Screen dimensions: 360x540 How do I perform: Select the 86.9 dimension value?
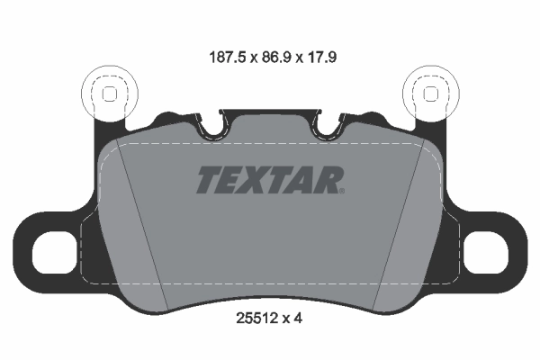pos(271,55)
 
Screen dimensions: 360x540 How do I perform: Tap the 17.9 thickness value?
pos(323,55)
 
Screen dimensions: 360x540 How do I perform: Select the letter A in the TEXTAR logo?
pos(301,180)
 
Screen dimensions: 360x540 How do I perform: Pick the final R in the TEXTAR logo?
pos(326,180)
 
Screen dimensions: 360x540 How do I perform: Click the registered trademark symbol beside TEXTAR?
pos(341,190)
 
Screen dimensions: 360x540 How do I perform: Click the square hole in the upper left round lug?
pos(109,93)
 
